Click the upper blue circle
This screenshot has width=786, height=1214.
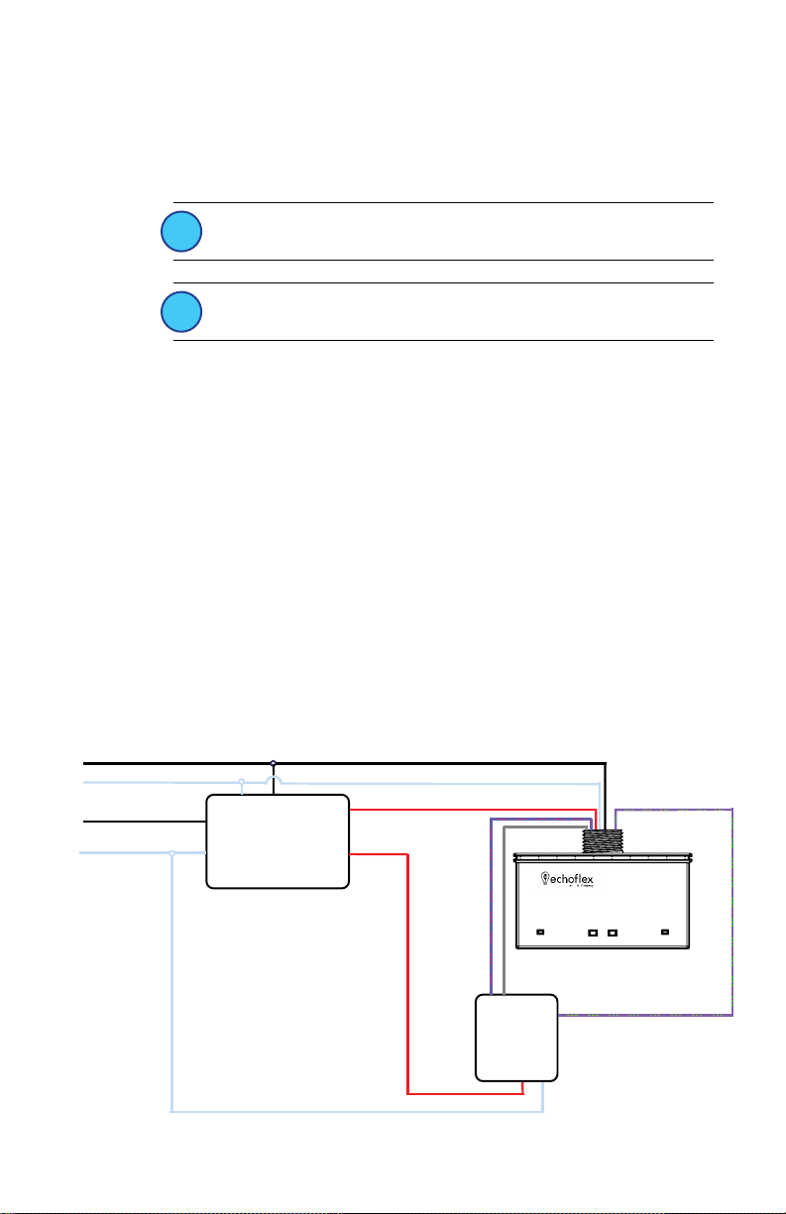tap(182, 232)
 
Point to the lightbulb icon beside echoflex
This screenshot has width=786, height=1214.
tap(544, 878)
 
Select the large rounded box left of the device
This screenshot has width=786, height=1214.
tap(278, 840)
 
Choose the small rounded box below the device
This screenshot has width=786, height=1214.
tap(515, 1037)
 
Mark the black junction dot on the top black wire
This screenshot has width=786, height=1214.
tap(274, 763)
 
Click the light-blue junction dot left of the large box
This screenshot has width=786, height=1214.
tap(172, 852)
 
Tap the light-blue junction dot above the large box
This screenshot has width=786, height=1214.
tap(242, 782)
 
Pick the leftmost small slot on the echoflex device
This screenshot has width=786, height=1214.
tap(541, 933)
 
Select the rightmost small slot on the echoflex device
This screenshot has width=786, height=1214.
tap(666, 933)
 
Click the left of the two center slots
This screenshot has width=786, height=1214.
tap(593, 933)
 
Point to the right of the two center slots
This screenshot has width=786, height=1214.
tap(613, 933)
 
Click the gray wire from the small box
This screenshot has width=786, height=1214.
tap(504, 912)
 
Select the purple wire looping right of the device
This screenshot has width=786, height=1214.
tap(732, 912)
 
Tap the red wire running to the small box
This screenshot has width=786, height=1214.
tap(408, 971)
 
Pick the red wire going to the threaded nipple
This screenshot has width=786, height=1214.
tap(476, 809)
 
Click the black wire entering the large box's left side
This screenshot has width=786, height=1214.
tap(139, 822)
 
